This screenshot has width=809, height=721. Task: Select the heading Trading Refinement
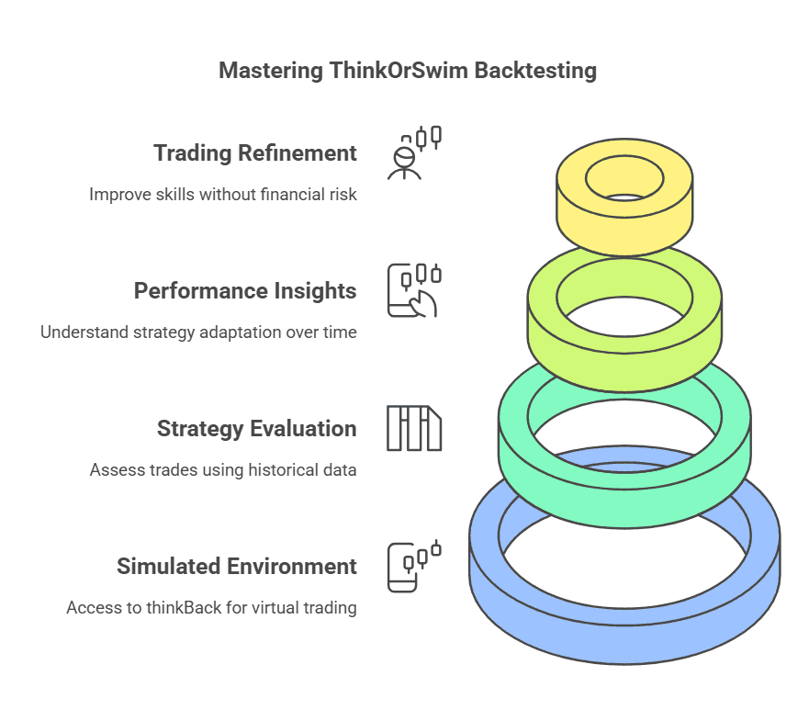[x=254, y=152]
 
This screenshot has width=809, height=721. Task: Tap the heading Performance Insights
[x=245, y=290]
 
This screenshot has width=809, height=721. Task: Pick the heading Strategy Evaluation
[x=256, y=428]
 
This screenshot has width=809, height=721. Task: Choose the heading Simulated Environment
[x=236, y=566]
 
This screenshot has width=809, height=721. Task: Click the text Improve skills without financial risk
[x=222, y=195]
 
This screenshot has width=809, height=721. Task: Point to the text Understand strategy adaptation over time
[x=198, y=332]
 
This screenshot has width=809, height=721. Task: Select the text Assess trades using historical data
[x=223, y=470]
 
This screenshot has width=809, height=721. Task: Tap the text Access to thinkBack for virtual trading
[x=211, y=608]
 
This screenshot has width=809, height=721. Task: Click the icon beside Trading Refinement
[x=414, y=152]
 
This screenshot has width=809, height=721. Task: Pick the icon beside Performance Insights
[x=414, y=290]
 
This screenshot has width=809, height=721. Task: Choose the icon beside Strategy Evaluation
[x=414, y=428]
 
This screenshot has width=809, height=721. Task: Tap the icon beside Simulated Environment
[x=414, y=566]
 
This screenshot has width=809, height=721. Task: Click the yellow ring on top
[x=574, y=207]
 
